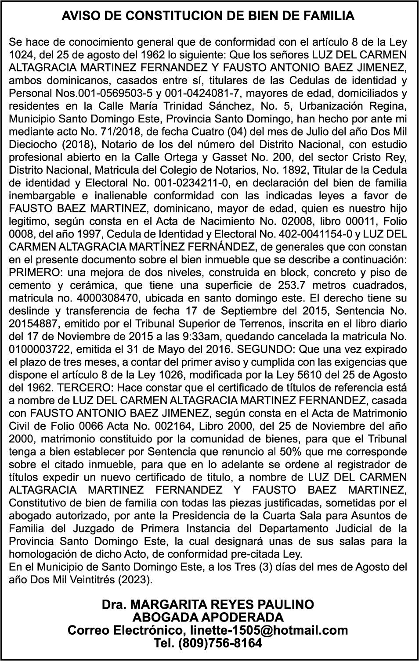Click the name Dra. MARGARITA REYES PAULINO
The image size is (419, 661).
208,605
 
